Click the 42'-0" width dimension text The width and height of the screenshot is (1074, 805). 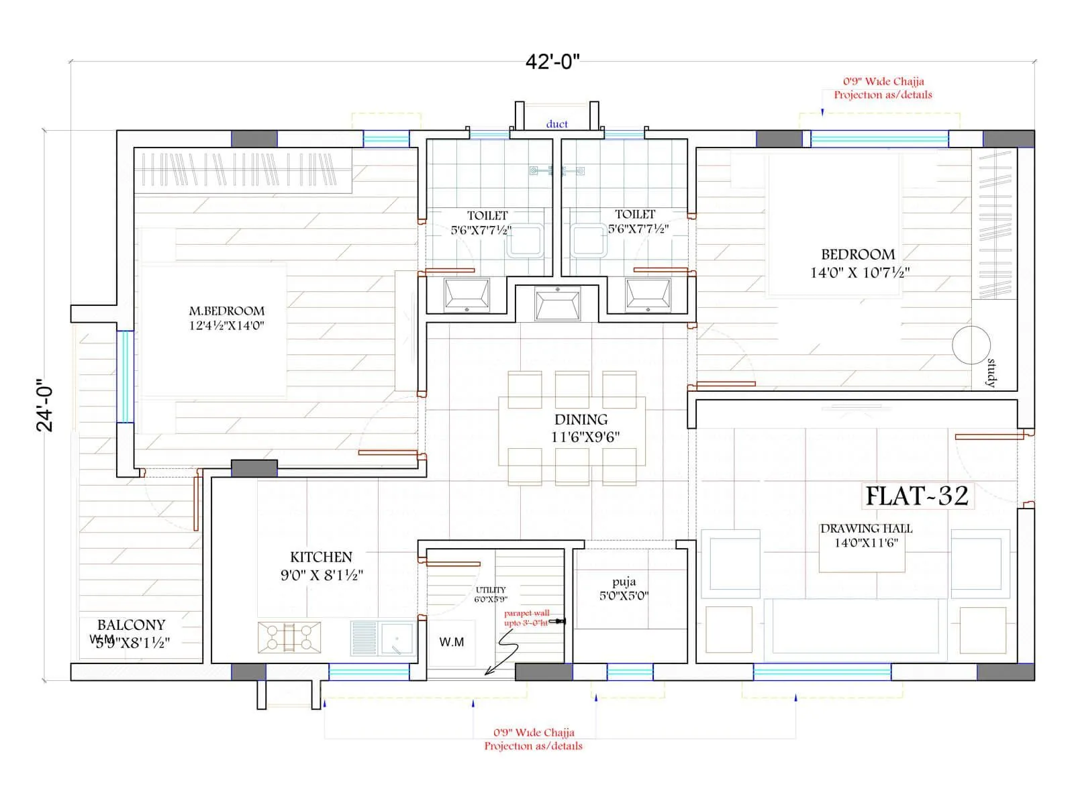point(552,62)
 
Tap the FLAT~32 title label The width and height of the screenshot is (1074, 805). point(917,496)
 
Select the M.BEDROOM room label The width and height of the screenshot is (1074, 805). point(226,311)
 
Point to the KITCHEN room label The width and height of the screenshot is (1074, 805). point(321,557)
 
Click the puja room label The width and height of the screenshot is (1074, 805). point(624,582)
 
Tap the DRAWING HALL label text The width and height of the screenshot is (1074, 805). point(866,529)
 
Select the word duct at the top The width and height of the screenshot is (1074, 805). point(556,124)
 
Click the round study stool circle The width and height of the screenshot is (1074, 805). point(971,345)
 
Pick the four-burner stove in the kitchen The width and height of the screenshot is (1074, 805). point(289,637)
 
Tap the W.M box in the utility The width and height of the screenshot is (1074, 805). point(451,642)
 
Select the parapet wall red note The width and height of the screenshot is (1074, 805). point(527,618)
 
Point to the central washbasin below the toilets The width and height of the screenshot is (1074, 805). point(557,303)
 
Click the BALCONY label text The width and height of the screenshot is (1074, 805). point(131,625)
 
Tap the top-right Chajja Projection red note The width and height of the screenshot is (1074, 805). point(883,88)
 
